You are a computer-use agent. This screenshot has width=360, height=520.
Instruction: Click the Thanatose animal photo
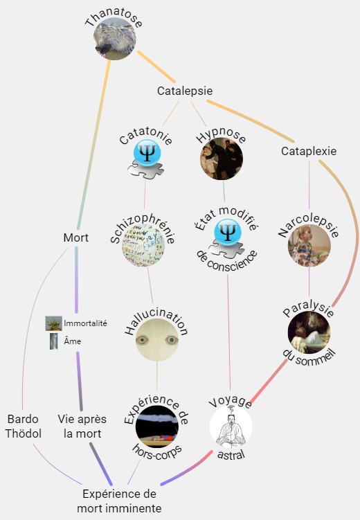pyautogui.click(x=114, y=39)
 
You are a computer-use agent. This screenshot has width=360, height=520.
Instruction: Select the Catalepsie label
pyautogui.click(x=185, y=91)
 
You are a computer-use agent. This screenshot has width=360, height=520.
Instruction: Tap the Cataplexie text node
pyautogui.click(x=309, y=151)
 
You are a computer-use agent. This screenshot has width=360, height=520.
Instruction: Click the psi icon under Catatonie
pyautogui.click(x=146, y=159)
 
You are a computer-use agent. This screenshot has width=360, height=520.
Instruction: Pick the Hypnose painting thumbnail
pyautogui.click(x=222, y=159)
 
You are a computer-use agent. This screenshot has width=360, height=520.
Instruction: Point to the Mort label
pyautogui.click(x=76, y=237)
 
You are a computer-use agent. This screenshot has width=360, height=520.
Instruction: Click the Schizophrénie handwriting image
pyautogui.click(x=143, y=246)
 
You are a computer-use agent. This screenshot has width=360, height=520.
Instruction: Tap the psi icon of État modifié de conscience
pyautogui.click(x=227, y=239)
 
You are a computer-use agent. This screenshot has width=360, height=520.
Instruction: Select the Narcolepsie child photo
pyautogui.click(x=309, y=246)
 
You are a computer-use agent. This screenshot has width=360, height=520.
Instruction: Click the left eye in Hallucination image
pyautogui.click(x=142, y=340)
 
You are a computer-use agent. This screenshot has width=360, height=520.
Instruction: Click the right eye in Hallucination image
pyautogui.click(x=172, y=340)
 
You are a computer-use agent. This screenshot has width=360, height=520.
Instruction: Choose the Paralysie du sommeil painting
pyautogui.click(x=309, y=332)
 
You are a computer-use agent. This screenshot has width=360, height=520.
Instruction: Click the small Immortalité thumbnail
pyautogui.click(x=54, y=323)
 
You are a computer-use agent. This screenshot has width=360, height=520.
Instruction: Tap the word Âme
pyautogui.click(x=72, y=341)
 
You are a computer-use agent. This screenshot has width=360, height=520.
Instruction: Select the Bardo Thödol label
pyautogui.click(x=23, y=427)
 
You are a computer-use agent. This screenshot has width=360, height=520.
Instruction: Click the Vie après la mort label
pyautogui.click(x=82, y=427)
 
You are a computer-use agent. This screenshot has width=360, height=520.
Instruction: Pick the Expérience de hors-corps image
pyautogui.click(x=156, y=427)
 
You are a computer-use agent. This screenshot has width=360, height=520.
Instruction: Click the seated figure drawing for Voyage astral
pyautogui.click(x=231, y=427)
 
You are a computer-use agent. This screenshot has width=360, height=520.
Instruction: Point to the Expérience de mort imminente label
pyautogui.click(x=119, y=501)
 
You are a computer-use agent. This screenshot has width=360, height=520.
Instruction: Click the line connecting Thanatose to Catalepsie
pyautogui.click(x=156, y=66)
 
